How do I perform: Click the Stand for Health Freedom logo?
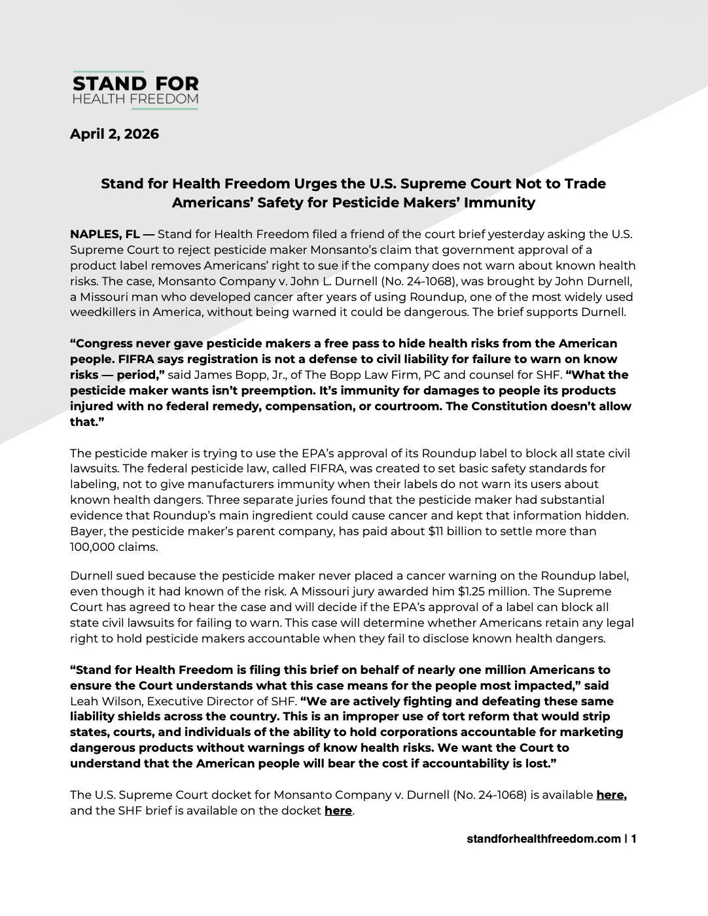click(135, 90)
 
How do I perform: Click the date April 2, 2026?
click(115, 134)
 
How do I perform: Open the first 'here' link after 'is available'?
click(611, 796)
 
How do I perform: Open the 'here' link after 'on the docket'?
click(338, 811)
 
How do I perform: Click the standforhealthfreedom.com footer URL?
click(544, 839)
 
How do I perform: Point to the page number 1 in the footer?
click(633, 839)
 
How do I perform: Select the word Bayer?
click(87, 531)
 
